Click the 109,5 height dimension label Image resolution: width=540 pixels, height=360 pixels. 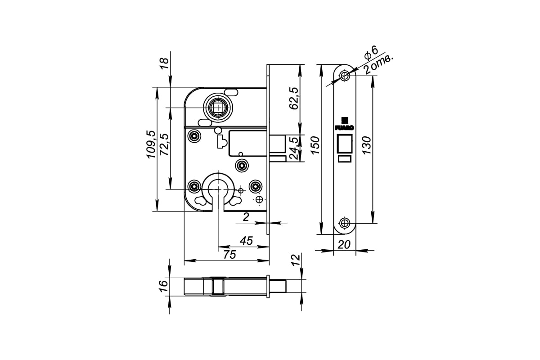tap(151, 144)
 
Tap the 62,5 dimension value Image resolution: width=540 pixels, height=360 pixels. tap(293, 99)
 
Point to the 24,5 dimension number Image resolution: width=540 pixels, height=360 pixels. tap(293, 148)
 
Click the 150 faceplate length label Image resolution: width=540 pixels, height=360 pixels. tap(315, 145)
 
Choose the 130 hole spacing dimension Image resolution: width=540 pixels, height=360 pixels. tap(366, 145)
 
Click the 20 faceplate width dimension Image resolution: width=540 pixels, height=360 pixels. tap(344, 245)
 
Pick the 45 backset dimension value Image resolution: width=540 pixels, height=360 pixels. tap(247, 241)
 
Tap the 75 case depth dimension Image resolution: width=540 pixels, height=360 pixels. tap(229, 255)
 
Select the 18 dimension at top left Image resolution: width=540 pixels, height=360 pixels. tap(165, 63)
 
